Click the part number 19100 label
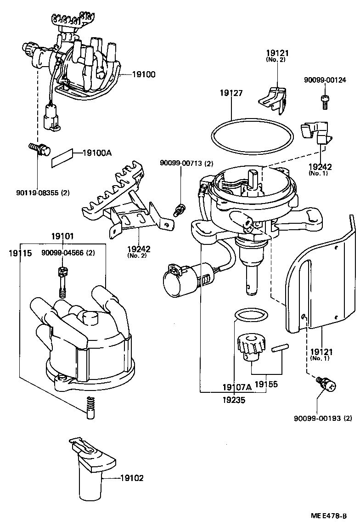click(144, 74)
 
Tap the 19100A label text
click(96, 153)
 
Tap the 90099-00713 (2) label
click(186, 164)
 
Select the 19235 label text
click(234, 400)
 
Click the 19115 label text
click(20, 253)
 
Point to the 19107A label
click(237, 387)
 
